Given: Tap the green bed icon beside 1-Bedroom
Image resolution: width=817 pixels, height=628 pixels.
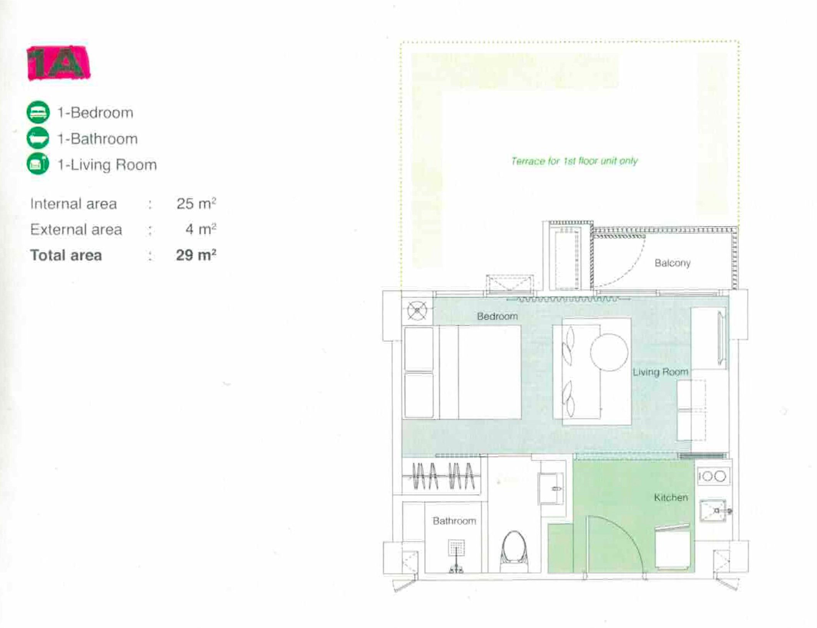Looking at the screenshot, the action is [x=38, y=112].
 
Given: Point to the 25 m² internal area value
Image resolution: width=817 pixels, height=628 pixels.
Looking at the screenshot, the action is [x=196, y=203].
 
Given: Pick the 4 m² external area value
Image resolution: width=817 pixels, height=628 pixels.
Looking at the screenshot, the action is [x=201, y=229].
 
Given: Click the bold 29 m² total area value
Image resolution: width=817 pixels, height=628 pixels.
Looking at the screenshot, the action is [x=196, y=255].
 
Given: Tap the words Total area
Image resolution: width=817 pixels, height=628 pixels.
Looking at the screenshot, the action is [x=66, y=255].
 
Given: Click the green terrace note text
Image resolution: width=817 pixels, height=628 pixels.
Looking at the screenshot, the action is [x=574, y=161].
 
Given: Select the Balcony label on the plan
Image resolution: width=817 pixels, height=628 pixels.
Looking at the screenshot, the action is [x=673, y=263].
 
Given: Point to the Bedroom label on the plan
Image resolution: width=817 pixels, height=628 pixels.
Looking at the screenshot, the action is [x=497, y=316].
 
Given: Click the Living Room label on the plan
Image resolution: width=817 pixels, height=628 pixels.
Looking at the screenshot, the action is [x=660, y=372].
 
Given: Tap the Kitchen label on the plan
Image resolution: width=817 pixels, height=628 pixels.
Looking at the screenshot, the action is [x=671, y=497].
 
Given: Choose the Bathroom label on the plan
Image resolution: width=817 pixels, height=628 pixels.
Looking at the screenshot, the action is [x=454, y=521].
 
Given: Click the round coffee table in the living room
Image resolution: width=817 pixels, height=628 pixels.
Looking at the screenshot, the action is [x=609, y=352].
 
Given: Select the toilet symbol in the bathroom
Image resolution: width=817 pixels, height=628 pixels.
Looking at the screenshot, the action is [x=515, y=552].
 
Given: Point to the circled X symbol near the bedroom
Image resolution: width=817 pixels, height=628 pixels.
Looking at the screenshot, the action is [x=417, y=311].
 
